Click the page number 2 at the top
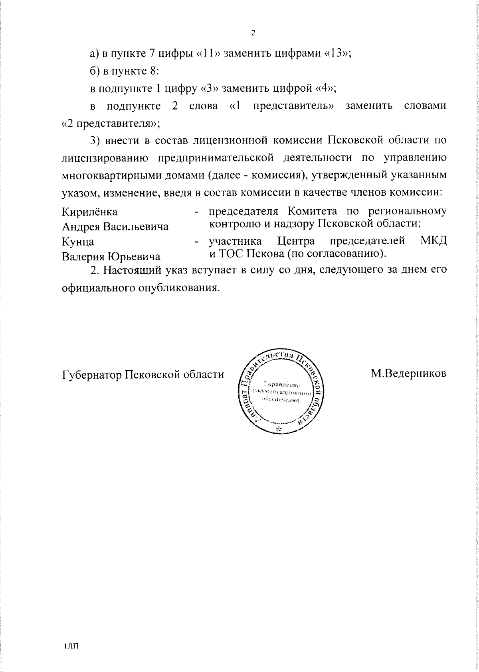click(x=253, y=33)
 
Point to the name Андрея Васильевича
click(x=115, y=227)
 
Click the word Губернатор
click(x=91, y=375)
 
